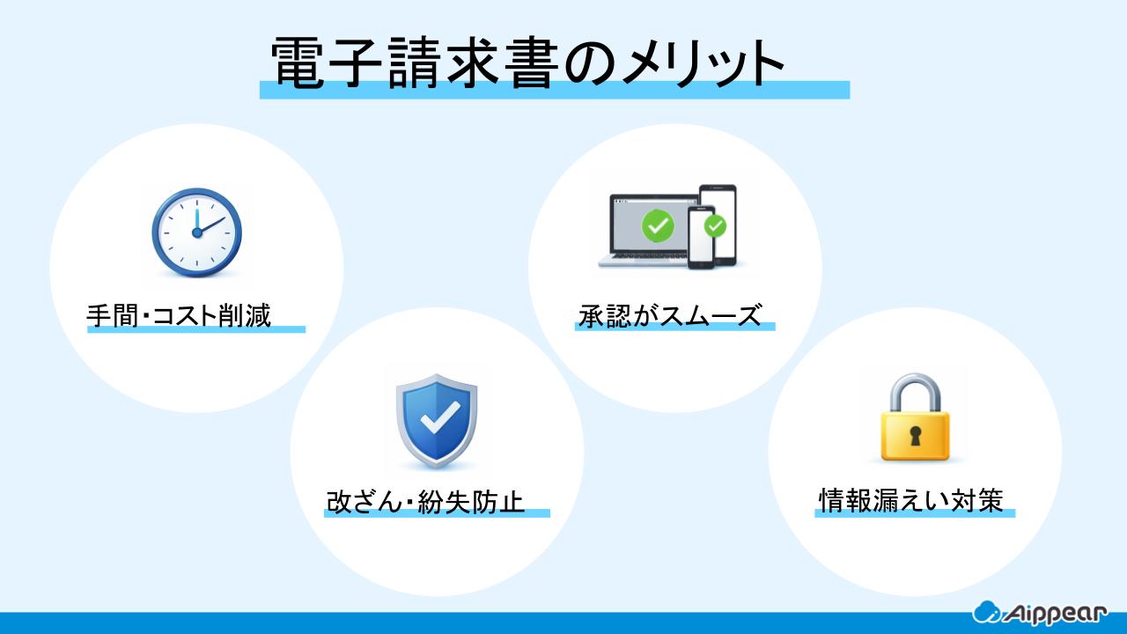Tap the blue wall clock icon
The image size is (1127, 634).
click(196, 232)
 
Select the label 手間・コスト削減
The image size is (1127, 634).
click(178, 314)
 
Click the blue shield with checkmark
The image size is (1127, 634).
click(436, 420)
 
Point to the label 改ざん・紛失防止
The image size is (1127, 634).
click(425, 502)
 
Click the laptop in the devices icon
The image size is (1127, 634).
click(647, 231)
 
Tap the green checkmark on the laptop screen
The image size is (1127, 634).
click(657, 226)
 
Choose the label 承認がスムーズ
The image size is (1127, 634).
click(670, 314)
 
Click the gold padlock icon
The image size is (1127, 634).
click(916, 418)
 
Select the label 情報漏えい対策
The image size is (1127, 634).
click(910, 500)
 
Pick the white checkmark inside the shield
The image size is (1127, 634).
click(436, 418)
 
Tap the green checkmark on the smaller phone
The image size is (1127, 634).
click(716, 226)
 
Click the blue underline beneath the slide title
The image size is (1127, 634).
click(554, 90)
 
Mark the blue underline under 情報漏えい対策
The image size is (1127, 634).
click(915, 513)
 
